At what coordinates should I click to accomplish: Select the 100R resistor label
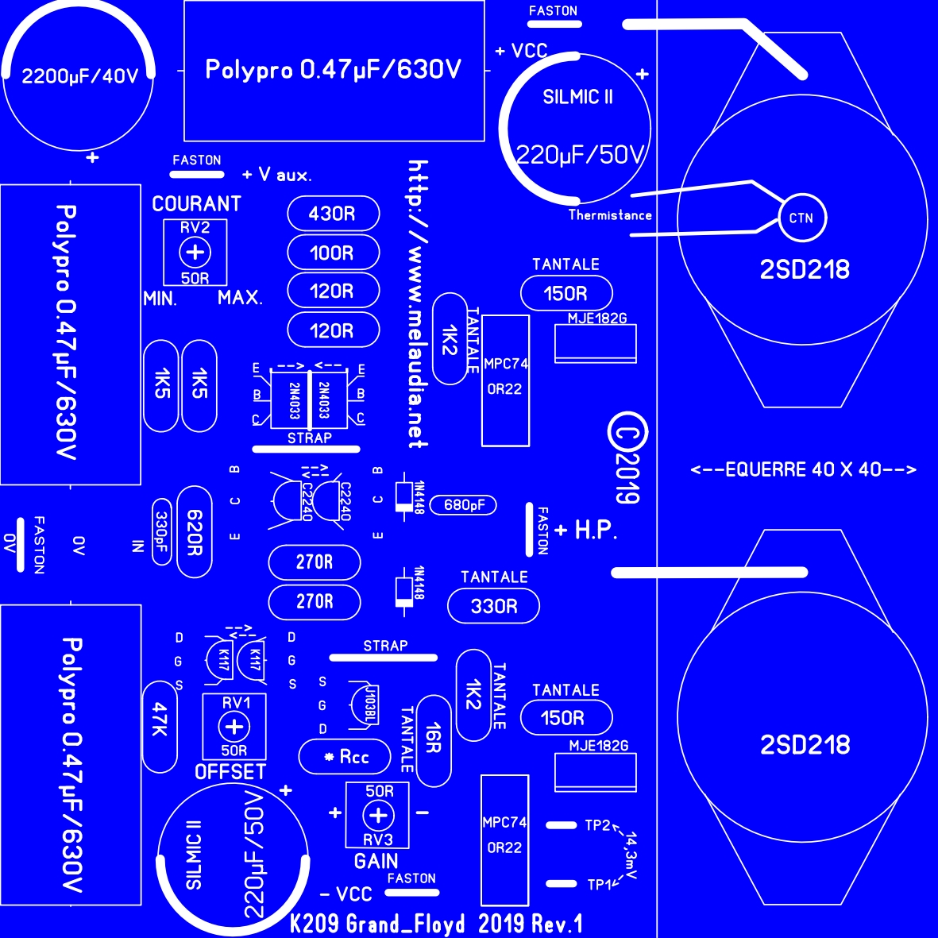tap(331, 253)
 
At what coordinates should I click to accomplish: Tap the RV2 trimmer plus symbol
tap(195, 252)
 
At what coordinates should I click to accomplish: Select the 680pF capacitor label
tap(464, 505)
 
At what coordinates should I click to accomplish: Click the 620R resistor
tap(195, 532)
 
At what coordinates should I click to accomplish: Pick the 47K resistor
tap(160, 727)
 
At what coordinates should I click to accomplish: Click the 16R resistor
tap(434, 740)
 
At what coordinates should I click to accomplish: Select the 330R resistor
tap(493, 606)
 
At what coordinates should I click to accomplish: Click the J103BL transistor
tap(364, 704)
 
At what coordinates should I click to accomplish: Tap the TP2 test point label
tap(597, 825)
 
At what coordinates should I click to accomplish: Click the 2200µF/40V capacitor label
tap(80, 76)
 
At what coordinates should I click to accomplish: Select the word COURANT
tap(196, 204)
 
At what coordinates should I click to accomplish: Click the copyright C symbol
tap(627, 431)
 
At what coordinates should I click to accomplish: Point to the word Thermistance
tap(609, 215)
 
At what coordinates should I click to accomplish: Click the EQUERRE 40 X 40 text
tap(804, 469)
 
